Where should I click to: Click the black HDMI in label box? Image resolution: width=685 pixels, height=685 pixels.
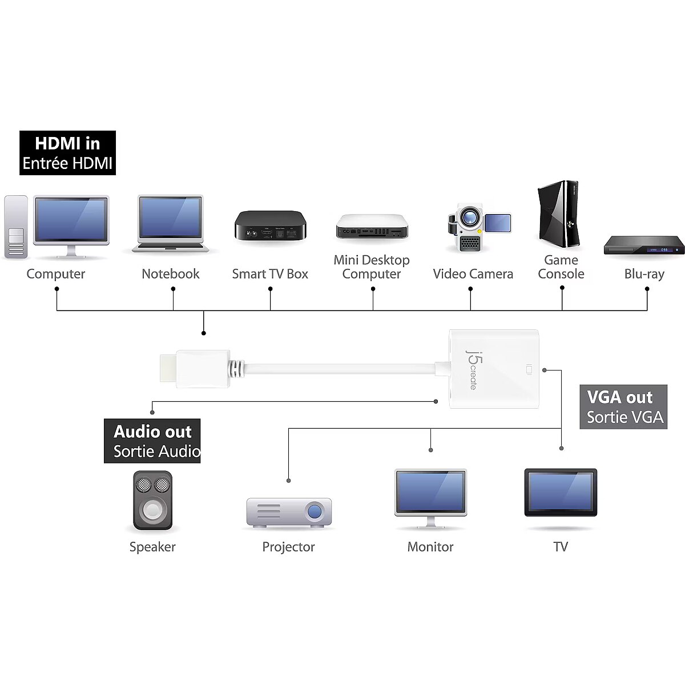(67, 153)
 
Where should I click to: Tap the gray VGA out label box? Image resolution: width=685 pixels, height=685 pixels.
(623, 407)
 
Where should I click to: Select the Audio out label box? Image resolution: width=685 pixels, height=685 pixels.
(152, 441)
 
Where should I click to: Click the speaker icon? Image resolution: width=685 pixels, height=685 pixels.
(152, 500)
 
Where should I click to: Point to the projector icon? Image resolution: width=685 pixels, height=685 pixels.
(289, 512)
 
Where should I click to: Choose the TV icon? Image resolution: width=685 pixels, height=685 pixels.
(561, 493)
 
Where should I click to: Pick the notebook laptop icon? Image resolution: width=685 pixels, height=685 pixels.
(170, 224)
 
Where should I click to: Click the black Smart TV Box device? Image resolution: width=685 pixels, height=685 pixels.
(270, 225)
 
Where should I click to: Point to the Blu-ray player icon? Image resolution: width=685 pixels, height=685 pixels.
(644, 245)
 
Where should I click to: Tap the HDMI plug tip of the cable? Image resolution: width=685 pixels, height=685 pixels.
(167, 369)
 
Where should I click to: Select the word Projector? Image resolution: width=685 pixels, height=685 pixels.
(288, 547)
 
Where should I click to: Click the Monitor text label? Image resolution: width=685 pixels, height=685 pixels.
(430, 547)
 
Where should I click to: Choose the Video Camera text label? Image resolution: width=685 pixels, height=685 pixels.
(473, 274)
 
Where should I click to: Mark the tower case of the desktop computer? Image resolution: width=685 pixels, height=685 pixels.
(16, 227)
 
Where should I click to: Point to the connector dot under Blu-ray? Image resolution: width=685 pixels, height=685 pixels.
(647, 289)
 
